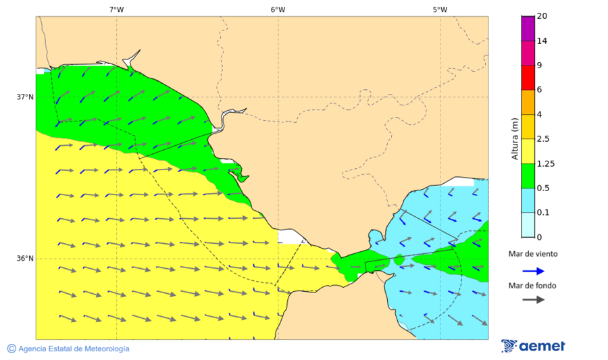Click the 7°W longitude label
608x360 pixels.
pos(116,9)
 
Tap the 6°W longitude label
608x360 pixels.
pos(278,9)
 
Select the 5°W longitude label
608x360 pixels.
pos(440,9)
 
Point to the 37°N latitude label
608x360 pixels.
pos(25,97)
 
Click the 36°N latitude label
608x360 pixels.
pos(25,259)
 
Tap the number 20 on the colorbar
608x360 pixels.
pos(541,16)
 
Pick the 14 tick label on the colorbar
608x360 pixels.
pos(541,41)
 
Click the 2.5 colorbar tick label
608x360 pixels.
pos(542,139)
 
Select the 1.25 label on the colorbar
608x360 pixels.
pos(544,163)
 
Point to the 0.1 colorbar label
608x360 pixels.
pos(542,213)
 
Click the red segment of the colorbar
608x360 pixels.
pos(528,77)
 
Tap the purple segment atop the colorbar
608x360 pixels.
pos(528,28)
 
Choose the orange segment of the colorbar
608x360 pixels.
pos(528,101)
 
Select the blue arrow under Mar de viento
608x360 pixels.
pos(533,271)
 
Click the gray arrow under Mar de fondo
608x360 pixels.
pos(533,300)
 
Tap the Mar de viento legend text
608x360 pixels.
pos(533,254)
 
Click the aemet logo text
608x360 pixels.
pos(542,346)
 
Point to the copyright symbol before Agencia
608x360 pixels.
pos(11,349)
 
